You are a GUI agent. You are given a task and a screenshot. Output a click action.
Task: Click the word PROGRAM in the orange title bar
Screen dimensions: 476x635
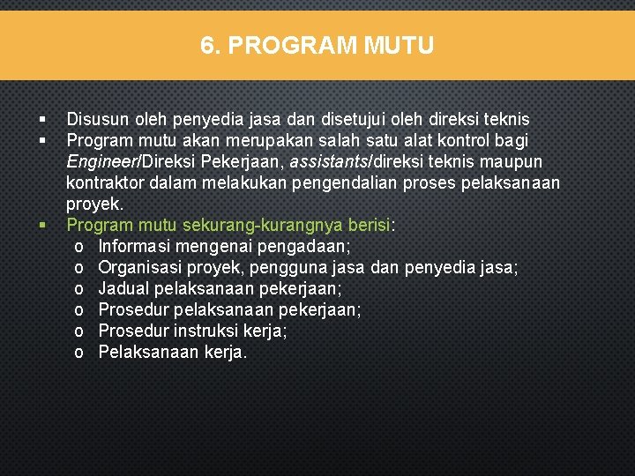288,45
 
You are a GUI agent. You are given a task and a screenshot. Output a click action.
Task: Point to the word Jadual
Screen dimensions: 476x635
123,288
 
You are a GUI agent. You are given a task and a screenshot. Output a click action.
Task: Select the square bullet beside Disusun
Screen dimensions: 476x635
41,119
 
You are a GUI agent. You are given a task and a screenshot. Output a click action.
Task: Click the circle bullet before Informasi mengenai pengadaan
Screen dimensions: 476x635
79,247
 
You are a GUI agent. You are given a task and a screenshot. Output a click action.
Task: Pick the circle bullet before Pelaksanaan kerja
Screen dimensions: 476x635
79,353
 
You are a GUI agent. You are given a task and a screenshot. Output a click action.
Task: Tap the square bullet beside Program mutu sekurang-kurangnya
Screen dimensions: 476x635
41,226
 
